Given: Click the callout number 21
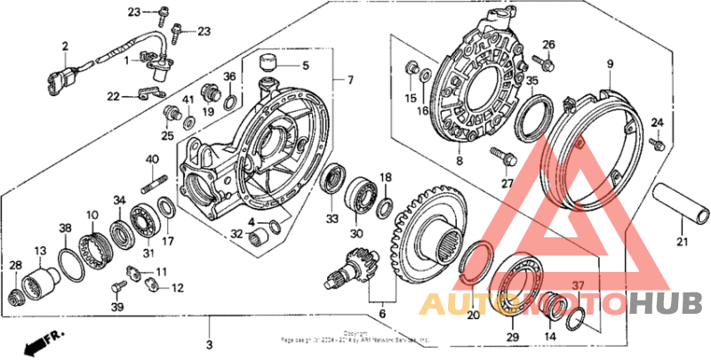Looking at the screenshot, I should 683,242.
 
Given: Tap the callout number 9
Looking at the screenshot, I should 611,63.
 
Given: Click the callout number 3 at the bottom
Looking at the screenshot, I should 209,344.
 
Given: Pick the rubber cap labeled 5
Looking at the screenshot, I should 268,65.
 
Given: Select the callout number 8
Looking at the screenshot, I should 459,161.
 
